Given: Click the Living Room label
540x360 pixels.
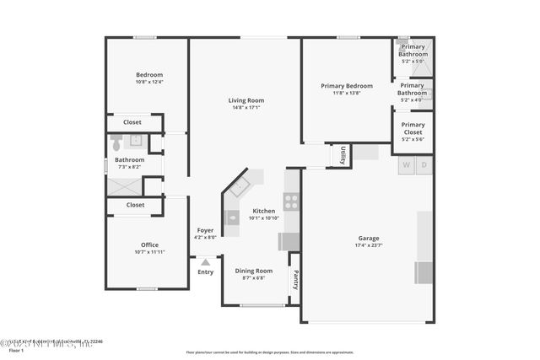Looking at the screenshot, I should coord(246,100).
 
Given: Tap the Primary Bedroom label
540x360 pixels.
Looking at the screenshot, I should coord(346,85).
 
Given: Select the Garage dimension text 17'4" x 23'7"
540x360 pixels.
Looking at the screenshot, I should coord(369,246).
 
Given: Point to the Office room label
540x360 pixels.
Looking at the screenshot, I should coord(149,244).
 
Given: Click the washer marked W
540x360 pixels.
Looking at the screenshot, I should coord(407,164).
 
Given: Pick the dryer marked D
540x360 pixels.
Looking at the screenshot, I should coord(424,164).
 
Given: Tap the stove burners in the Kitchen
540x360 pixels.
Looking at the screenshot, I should coord(291,201).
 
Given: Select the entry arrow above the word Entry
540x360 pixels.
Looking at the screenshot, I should coord(205,262).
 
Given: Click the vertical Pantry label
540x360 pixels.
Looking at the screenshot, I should coord(295,279).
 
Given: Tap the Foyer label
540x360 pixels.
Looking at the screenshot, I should coord(205,230).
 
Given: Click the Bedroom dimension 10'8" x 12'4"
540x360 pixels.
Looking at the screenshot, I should coord(149,82).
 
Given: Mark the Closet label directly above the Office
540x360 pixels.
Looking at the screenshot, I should coord(135,204).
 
